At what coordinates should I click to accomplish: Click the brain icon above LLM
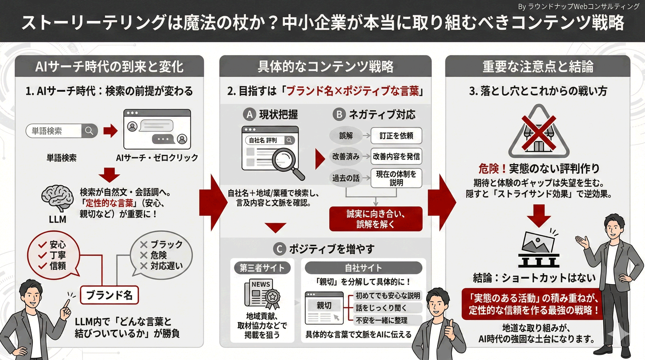click(57, 198)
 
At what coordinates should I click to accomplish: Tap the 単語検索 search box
click(62, 131)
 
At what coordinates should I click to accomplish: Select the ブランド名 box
click(109, 295)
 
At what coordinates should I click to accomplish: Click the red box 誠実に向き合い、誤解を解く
click(376, 219)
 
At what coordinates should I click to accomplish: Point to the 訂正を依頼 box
click(396, 136)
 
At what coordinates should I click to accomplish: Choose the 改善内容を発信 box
click(396, 156)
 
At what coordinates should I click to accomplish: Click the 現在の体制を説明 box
click(396, 178)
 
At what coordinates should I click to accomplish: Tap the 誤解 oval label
click(346, 136)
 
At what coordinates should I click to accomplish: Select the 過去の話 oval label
click(346, 178)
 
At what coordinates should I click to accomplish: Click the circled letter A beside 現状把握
click(249, 115)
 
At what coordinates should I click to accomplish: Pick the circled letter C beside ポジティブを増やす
click(279, 249)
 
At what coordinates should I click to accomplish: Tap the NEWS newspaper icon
click(262, 294)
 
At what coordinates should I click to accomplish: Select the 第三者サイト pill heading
click(262, 268)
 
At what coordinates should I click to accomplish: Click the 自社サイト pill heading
click(363, 268)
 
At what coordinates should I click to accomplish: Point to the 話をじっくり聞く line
click(381, 308)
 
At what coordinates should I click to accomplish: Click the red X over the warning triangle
click(539, 133)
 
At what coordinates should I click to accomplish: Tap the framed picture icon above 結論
click(539, 249)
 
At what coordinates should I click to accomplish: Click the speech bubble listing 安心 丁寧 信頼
click(54, 255)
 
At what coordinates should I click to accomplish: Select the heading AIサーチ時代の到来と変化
click(110, 66)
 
